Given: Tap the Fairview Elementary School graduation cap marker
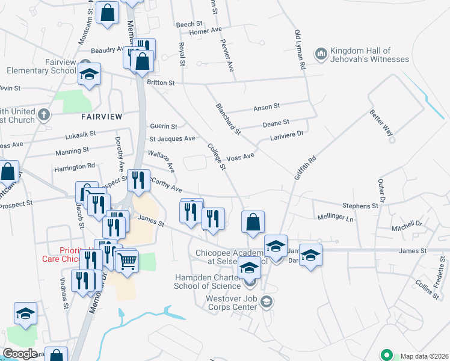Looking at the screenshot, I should [89, 75].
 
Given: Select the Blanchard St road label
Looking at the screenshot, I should [228, 119].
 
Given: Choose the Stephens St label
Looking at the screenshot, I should [360, 206].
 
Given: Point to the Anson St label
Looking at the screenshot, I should [267, 106].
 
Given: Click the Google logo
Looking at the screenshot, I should [20, 353].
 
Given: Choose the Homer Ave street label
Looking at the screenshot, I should [205, 31].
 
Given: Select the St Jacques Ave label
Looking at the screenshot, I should [172, 138].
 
